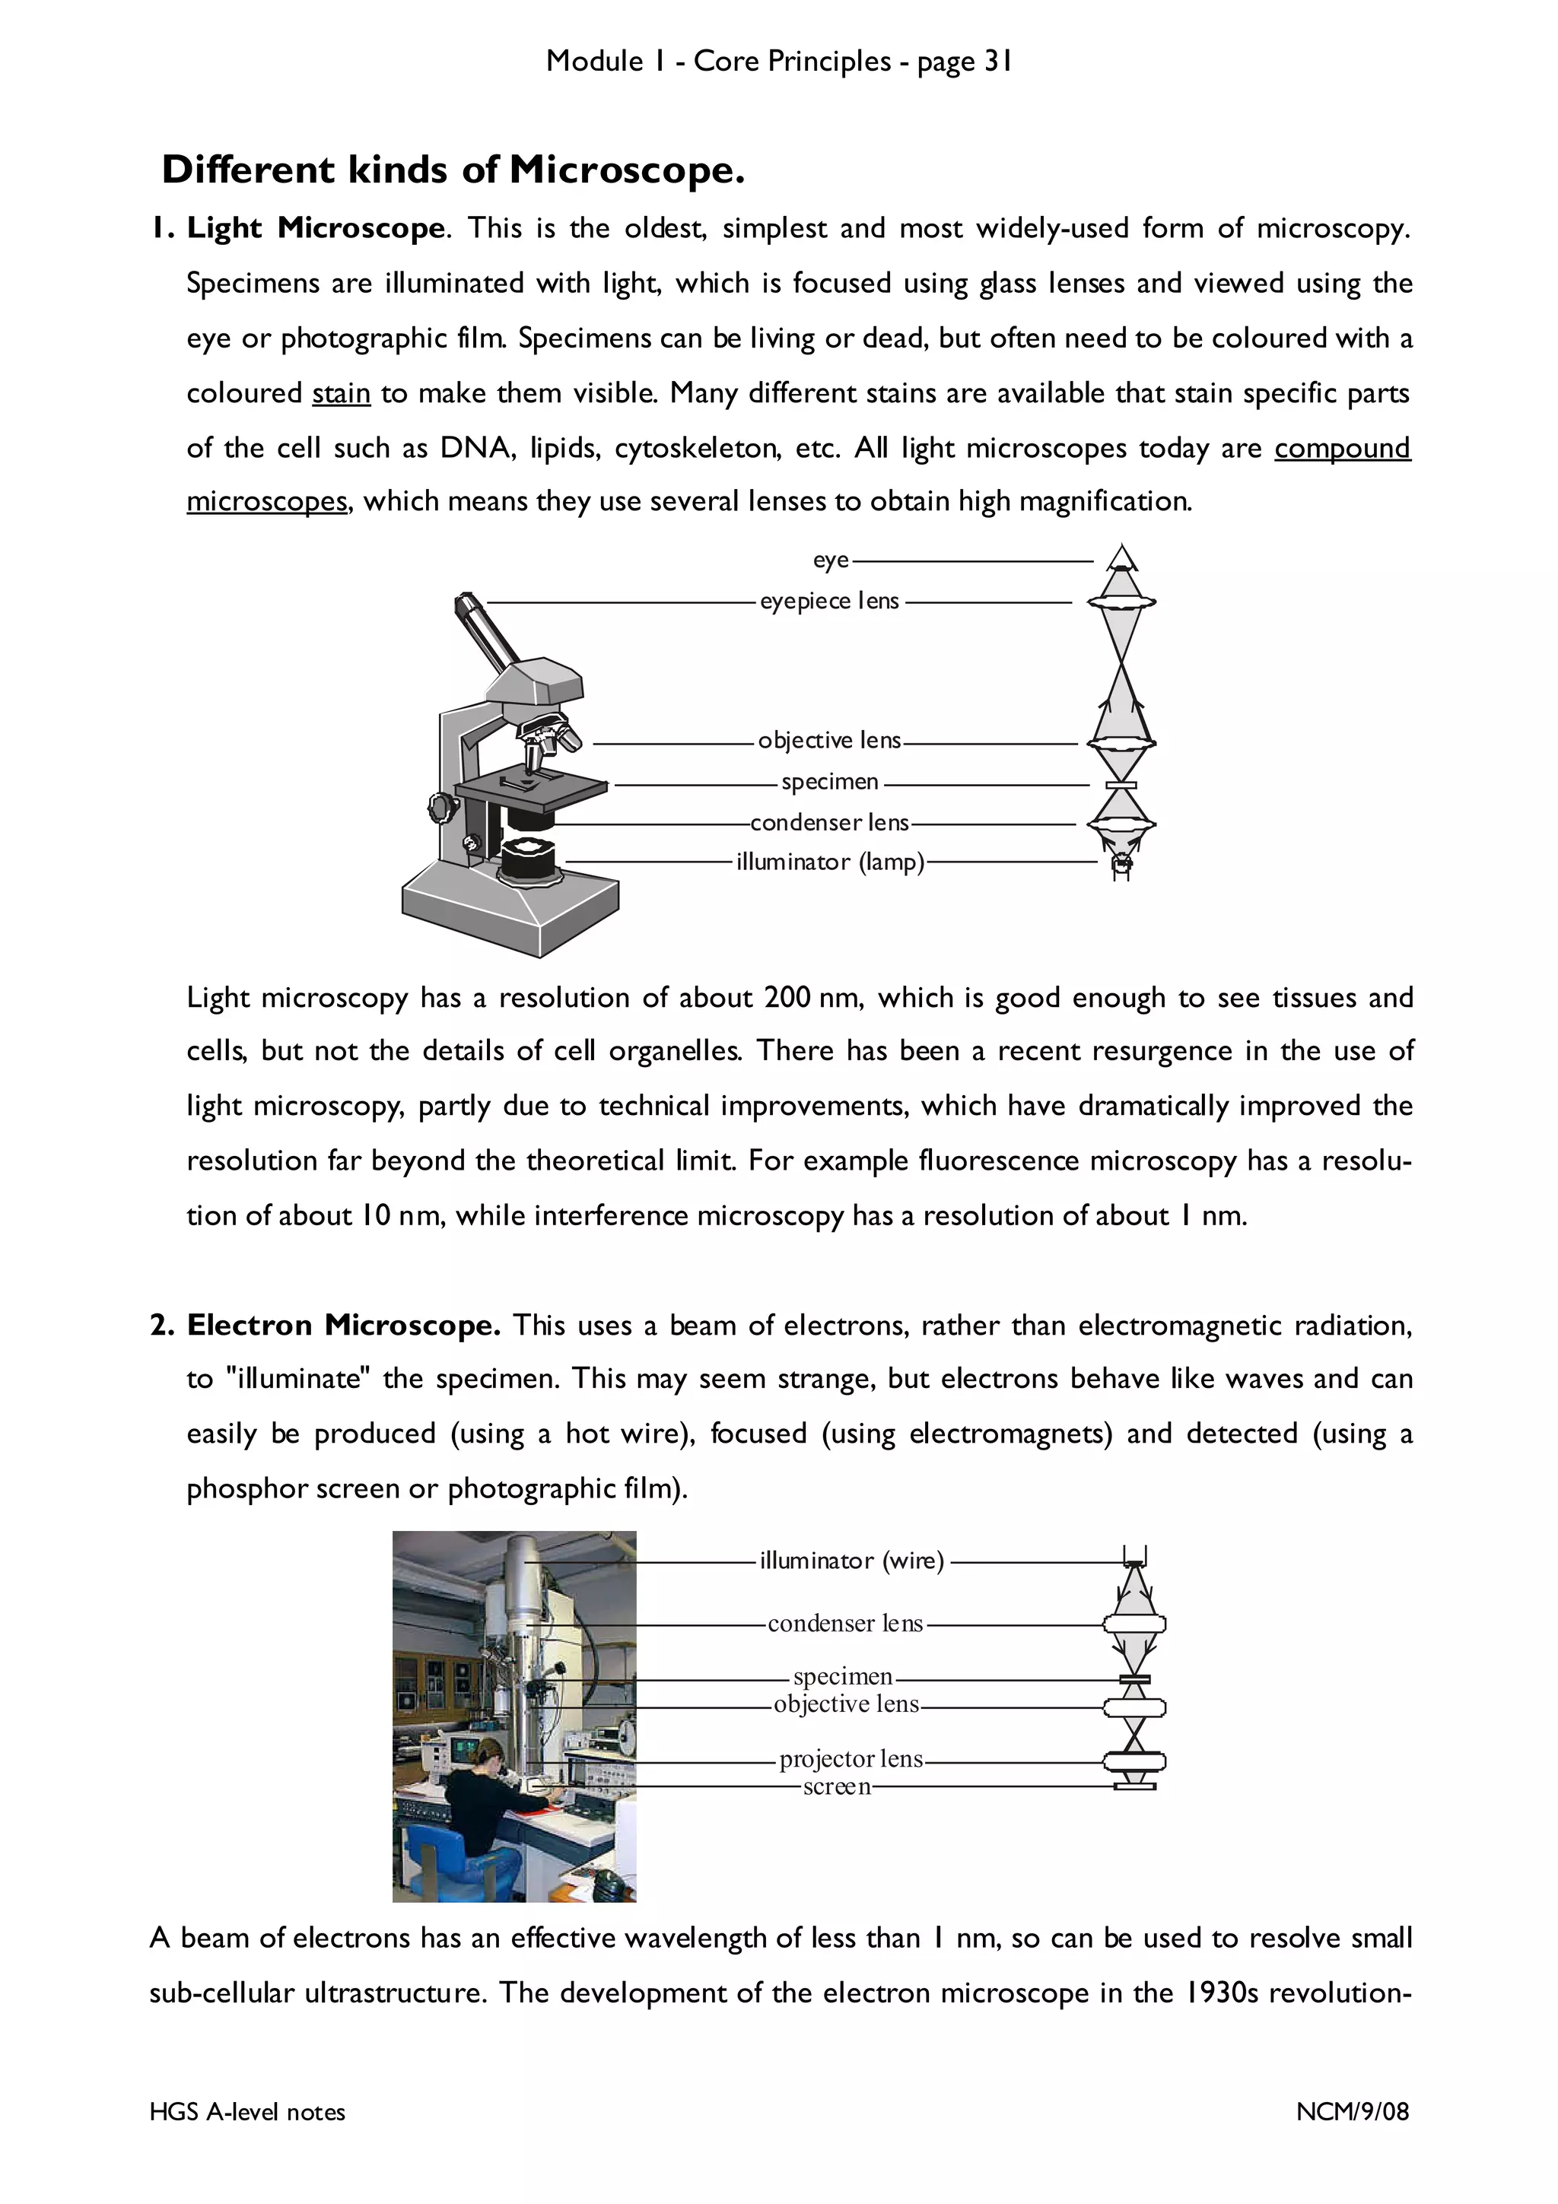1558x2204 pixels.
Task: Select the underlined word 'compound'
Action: pos(1341,448)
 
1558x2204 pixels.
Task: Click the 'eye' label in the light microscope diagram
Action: pos(831,560)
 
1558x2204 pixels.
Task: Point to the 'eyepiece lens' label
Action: pos(829,601)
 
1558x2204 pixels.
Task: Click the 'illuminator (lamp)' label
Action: pos(829,862)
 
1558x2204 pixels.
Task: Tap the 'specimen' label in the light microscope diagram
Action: pos(829,781)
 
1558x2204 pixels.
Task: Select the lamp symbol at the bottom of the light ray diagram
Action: pos(1121,865)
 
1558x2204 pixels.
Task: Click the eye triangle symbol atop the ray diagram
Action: pos(1121,557)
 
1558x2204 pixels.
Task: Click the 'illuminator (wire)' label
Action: pos(851,1561)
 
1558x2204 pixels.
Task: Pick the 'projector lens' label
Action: pos(851,1758)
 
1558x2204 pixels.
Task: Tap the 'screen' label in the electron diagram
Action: pos(836,1786)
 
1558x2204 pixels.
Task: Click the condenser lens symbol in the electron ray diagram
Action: pos(1135,1625)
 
